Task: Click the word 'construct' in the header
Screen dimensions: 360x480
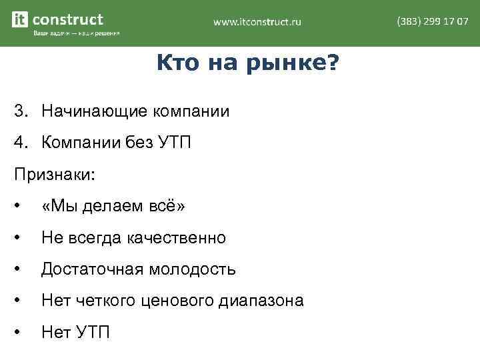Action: click(67, 19)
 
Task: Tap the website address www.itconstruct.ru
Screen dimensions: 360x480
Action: click(257, 22)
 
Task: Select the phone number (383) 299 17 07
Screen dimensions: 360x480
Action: click(432, 21)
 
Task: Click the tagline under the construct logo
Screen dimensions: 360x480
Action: click(76, 34)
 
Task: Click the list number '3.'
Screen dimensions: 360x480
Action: click(21, 111)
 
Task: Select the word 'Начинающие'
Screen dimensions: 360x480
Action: click(95, 111)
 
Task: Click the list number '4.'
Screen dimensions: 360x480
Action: click(21, 142)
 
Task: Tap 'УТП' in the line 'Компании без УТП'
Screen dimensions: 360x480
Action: click(175, 142)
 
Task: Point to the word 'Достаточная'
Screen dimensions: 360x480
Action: click(92, 269)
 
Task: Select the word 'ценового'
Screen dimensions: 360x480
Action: click(177, 301)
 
